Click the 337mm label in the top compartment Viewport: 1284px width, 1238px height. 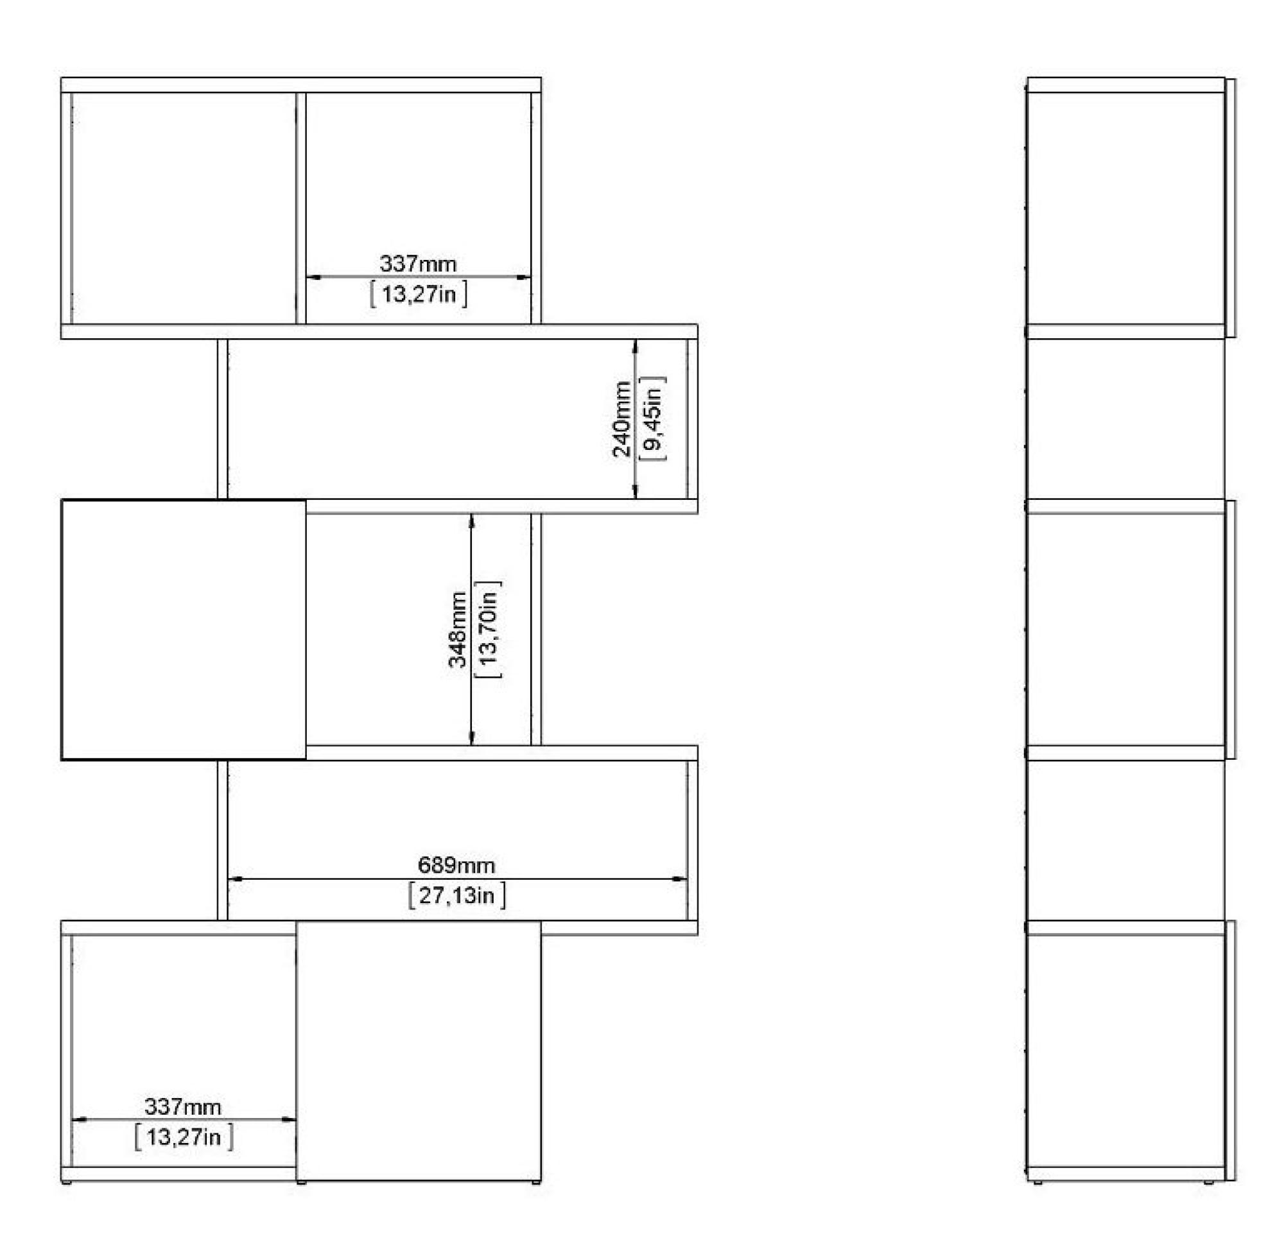(418, 264)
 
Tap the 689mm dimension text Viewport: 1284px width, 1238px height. (456, 865)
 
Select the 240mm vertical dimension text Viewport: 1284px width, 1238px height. (621, 419)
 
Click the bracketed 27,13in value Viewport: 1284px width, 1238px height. (456, 895)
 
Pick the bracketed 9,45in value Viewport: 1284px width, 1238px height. (652, 419)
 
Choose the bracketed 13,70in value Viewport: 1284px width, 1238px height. (488, 630)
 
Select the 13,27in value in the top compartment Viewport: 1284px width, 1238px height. (419, 294)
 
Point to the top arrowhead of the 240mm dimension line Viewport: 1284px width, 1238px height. (635, 347)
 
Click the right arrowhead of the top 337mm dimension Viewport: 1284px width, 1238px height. (523, 277)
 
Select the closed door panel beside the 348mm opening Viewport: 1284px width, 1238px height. (184, 630)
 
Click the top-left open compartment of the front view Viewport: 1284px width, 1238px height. (184, 208)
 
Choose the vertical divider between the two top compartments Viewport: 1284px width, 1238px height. (301, 208)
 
